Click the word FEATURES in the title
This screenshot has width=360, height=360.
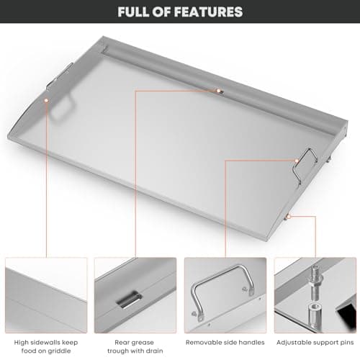205,12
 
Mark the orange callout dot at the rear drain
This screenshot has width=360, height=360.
218,91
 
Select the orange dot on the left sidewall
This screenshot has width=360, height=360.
47,102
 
